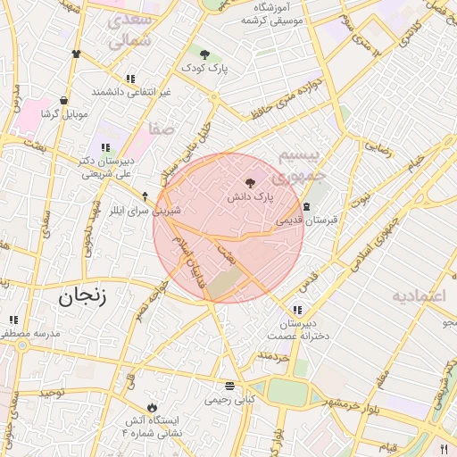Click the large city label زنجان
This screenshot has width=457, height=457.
[x=82, y=296]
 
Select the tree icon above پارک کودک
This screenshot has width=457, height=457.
[x=204, y=54]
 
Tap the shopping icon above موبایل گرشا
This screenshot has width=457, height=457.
[x=63, y=101]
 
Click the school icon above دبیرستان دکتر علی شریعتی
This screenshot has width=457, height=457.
[x=105, y=147]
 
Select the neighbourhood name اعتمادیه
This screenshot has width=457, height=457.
[x=423, y=295]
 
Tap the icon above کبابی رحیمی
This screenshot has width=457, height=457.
[x=230, y=386]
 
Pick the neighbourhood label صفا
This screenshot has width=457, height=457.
[x=162, y=129]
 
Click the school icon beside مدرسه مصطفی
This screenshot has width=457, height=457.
[x=12, y=320]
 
